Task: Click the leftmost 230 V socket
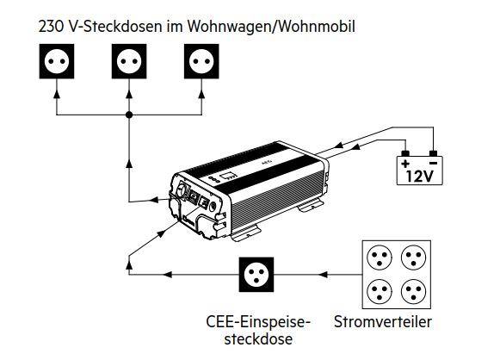coord(57,61)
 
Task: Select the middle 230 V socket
coord(129,61)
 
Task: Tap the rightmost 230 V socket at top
coord(201,61)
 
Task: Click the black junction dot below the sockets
coord(129,115)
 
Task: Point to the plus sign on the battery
coord(405,164)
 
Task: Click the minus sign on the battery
coord(433,164)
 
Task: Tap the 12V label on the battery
coord(420,176)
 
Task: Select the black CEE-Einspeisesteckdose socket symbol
coord(256,275)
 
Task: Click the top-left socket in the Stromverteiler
coord(380,258)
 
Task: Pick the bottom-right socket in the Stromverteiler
coord(414,291)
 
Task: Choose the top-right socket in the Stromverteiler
coord(414,258)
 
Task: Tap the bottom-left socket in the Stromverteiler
coord(380,291)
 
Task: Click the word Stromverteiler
coord(383,322)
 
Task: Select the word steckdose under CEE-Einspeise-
coord(258,339)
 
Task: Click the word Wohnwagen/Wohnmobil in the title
coord(271,27)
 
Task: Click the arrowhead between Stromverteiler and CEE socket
coord(323,275)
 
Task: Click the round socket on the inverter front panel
coord(182,190)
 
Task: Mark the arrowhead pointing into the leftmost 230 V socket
coord(57,94)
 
